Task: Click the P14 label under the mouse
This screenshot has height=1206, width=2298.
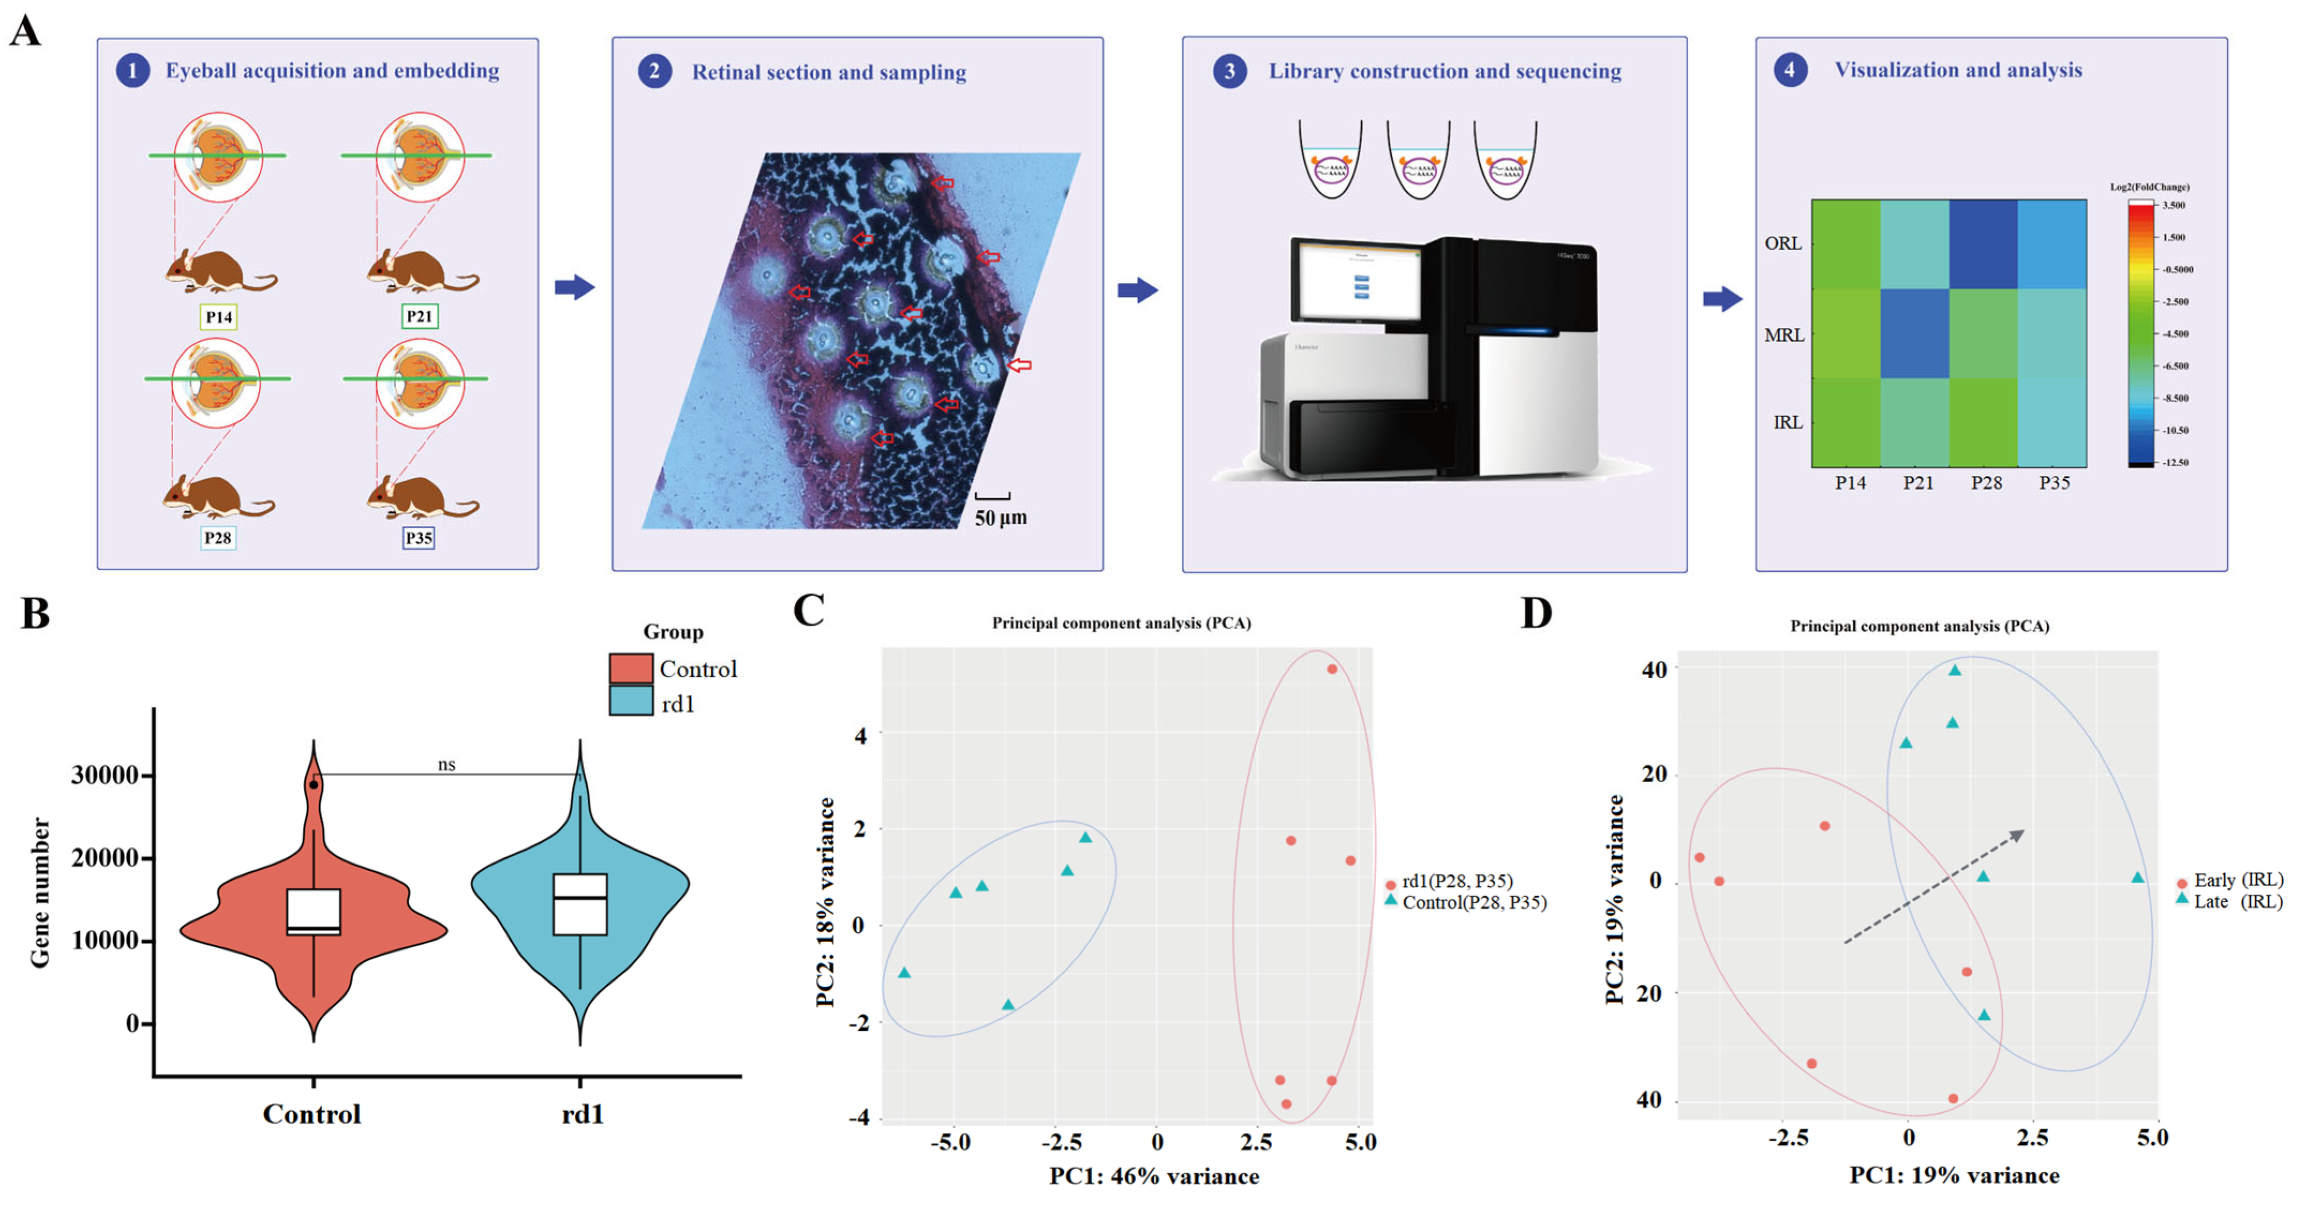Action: pyautogui.click(x=219, y=317)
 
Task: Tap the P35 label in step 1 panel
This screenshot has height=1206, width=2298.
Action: pyautogui.click(x=419, y=538)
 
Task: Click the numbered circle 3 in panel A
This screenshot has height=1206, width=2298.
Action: pyautogui.click(x=1229, y=71)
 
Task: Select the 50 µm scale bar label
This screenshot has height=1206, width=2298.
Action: pyautogui.click(x=1000, y=518)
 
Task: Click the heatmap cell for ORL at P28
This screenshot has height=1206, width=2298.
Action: pyautogui.click(x=1983, y=244)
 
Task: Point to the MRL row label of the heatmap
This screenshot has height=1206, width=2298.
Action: pyautogui.click(x=1784, y=335)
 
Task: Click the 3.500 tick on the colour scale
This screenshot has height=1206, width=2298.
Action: pyautogui.click(x=2173, y=205)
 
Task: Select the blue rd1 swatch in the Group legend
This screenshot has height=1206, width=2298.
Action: pyautogui.click(x=631, y=702)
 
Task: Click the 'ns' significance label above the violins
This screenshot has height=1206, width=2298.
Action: pyautogui.click(x=446, y=765)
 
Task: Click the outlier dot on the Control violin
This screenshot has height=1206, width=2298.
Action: pyautogui.click(x=314, y=785)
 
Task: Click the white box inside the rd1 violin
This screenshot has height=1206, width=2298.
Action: pyautogui.click(x=580, y=904)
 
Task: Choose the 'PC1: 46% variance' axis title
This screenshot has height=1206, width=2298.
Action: pyautogui.click(x=1153, y=1177)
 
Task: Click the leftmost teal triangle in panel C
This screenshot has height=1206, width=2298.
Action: pyautogui.click(x=905, y=973)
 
